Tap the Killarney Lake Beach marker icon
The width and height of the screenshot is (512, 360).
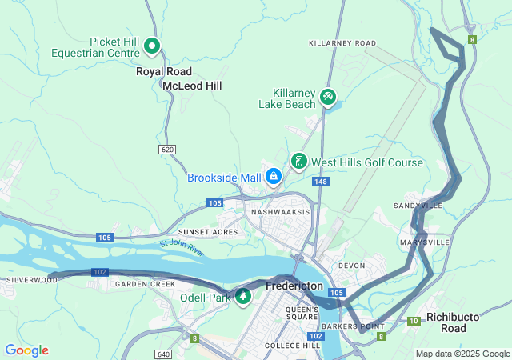click(327, 97)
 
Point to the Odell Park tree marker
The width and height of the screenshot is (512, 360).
click(242, 297)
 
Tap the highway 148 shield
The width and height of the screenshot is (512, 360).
click(321, 182)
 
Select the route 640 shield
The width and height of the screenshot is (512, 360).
click(163, 354)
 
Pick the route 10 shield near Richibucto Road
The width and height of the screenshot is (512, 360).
click(413, 321)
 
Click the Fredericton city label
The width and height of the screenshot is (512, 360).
click(294, 286)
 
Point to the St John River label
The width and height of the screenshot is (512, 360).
click(182, 247)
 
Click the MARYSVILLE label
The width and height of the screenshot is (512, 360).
click(425, 242)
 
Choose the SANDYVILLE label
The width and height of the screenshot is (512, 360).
click(418, 206)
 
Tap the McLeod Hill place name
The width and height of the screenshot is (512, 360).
click(192, 86)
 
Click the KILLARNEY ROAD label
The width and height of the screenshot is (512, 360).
click(342, 42)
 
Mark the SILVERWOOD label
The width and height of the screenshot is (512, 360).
click(32, 280)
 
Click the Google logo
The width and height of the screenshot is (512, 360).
click(26, 350)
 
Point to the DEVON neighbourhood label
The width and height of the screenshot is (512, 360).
click(351, 266)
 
